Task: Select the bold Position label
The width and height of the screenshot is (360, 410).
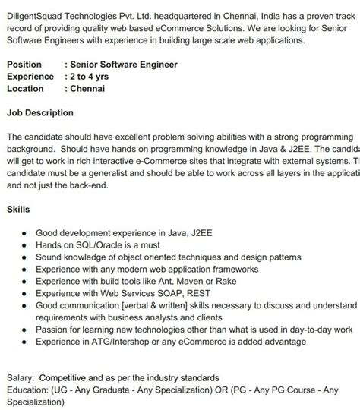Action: click(24, 65)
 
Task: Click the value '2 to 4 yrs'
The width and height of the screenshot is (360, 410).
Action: click(90, 77)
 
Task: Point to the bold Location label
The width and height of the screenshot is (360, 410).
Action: click(26, 89)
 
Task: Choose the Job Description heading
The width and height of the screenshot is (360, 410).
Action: click(40, 113)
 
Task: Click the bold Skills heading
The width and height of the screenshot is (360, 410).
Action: click(18, 207)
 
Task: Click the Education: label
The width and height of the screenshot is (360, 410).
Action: click(28, 389)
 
